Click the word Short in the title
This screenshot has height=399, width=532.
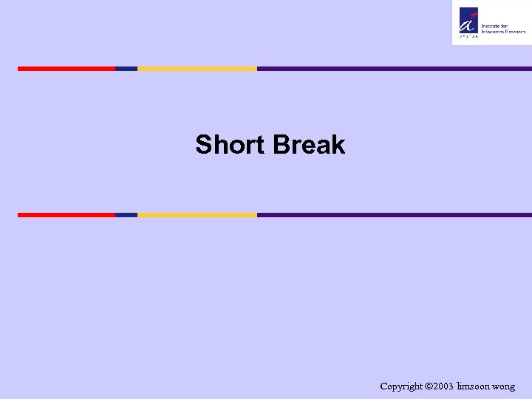(231, 145)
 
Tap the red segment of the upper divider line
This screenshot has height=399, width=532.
(66, 69)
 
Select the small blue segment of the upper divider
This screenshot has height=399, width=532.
(126, 69)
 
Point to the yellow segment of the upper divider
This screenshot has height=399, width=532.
(197, 69)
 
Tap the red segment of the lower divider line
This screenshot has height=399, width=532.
(66, 215)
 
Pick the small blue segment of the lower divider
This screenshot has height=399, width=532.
(126, 215)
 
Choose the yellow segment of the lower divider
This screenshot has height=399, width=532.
(197, 215)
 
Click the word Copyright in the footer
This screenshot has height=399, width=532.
(403, 386)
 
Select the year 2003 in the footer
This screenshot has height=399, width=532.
(445, 386)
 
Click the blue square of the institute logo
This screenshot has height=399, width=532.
(468, 20)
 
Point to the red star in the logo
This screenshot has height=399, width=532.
(475, 10)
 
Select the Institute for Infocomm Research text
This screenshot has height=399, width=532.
(502, 27)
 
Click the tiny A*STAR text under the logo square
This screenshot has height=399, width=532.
(468, 35)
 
